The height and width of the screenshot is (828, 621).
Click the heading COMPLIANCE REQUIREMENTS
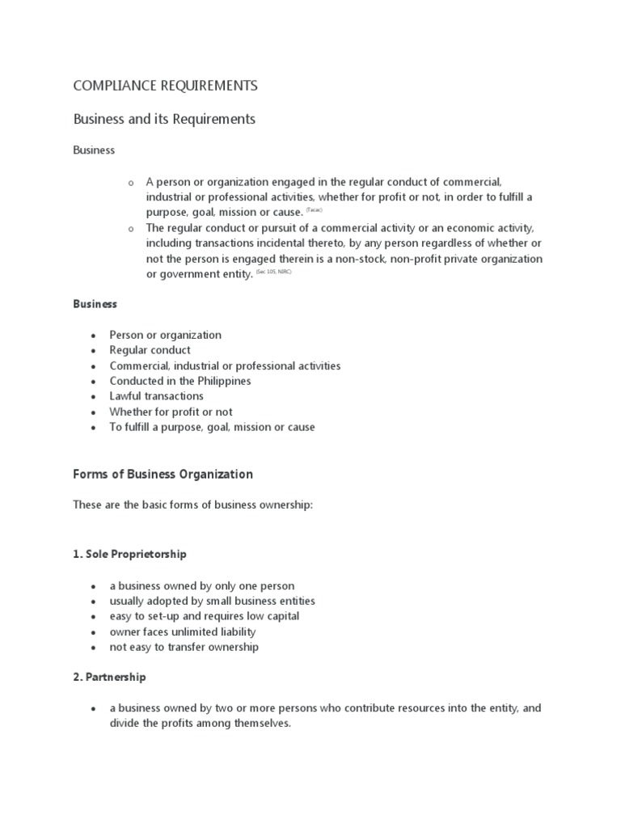(x=165, y=86)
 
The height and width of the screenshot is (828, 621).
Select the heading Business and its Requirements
(x=164, y=119)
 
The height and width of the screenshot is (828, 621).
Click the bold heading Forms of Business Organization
(x=163, y=475)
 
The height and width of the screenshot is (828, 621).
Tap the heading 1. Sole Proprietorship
(x=129, y=554)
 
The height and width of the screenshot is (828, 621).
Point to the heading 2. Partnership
(x=109, y=677)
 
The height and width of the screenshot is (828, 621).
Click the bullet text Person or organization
(x=165, y=335)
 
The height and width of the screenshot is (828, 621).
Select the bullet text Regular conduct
(x=150, y=350)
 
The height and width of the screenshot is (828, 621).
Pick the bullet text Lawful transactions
(x=156, y=396)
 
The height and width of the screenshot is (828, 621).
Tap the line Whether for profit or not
(x=171, y=412)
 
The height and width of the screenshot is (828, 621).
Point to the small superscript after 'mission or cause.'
(x=314, y=209)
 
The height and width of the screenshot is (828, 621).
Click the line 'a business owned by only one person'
(x=202, y=585)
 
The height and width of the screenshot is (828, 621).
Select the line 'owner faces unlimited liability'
(x=183, y=632)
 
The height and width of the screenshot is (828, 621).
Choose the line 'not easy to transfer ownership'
(x=184, y=647)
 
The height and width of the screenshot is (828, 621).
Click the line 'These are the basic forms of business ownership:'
(x=192, y=505)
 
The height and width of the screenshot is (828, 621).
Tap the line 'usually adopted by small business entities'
(x=213, y=601)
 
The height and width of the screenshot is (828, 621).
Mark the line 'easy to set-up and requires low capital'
(x=205, y=616)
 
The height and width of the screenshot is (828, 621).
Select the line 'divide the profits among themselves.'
(x=200, y=724)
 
